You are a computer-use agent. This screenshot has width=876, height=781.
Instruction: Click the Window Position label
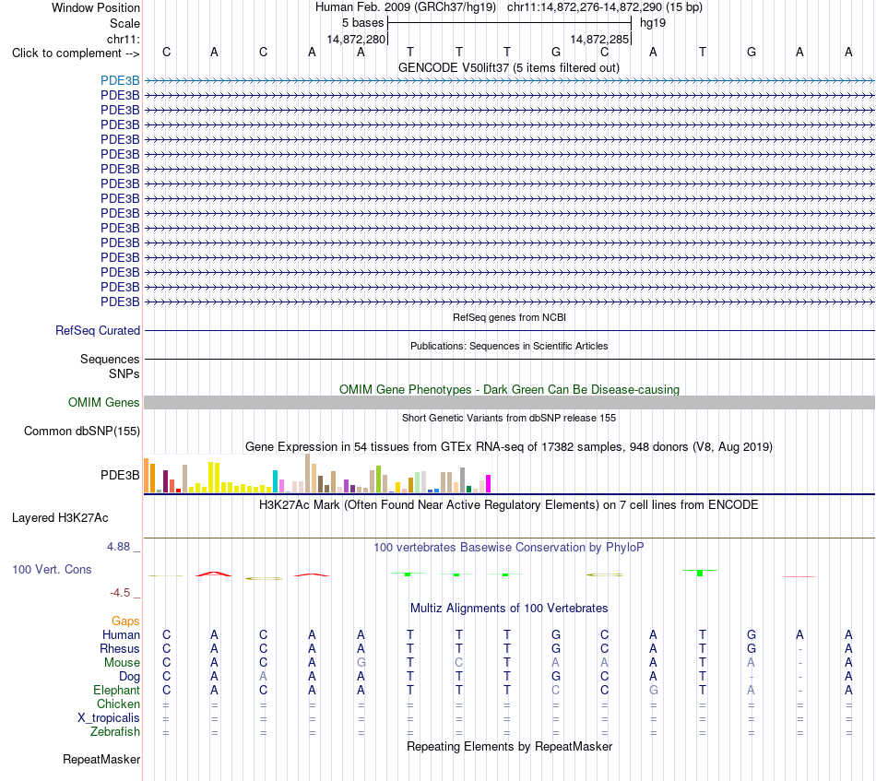(x=96, y=7)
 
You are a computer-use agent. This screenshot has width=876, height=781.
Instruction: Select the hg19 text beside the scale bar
(x=653, y=23)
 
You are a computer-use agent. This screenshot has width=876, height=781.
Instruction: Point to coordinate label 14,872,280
(x=357, y=39)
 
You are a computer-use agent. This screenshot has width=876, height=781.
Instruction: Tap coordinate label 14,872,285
(x=599, y=39)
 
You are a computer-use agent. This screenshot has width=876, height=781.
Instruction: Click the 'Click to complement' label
(x=76, y=53)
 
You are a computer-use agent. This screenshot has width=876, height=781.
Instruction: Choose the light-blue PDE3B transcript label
(x=120, y=80)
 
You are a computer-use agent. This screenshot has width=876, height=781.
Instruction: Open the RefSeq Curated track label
(x=98, y=330)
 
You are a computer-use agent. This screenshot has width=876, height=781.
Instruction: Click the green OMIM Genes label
(x=104, y=402)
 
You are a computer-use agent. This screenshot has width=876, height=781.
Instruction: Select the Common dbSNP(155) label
(x=82, y=431)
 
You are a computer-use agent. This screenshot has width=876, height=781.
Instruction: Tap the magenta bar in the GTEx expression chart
(x=489, y=483)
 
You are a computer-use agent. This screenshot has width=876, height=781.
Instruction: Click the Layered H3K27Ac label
(x=60, y=518)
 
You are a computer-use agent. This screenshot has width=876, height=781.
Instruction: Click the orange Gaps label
(x=125, y=621)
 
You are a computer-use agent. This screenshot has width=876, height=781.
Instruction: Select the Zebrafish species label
(x=115, y=731)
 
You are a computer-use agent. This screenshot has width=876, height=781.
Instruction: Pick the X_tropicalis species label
(x=109, y=718)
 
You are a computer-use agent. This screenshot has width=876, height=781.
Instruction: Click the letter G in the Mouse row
(x=361, y=663)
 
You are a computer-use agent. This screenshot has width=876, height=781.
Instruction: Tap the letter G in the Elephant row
(x=653, y=690)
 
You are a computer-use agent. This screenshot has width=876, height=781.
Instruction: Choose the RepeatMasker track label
(x=101, y=759)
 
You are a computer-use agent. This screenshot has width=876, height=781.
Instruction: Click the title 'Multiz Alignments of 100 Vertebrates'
(x=509, y=608)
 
